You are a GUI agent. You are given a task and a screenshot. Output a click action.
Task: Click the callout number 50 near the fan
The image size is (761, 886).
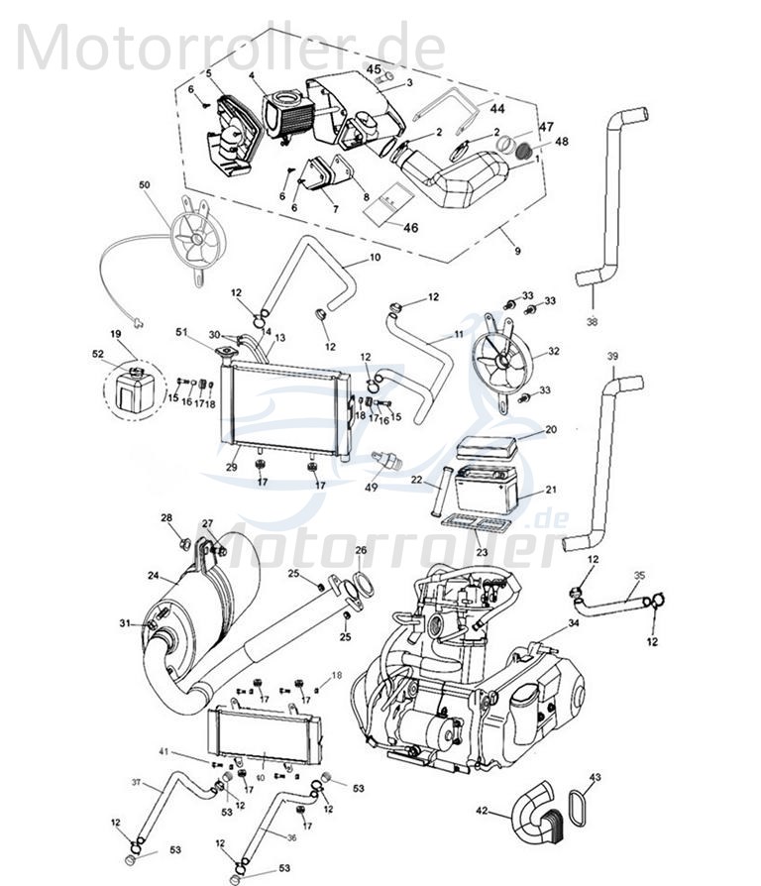pos(145,186)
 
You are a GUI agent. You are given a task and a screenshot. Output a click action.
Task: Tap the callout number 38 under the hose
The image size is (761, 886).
pos(593,321)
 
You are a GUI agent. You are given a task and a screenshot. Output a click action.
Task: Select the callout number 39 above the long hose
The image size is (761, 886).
pos(612,356)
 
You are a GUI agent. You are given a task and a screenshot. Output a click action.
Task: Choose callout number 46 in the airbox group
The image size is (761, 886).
pos(409,228)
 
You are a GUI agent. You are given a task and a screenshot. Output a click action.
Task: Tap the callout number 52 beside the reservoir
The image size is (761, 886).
pos(98,354)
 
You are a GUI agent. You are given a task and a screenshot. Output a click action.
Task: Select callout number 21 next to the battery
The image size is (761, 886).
pos(552,490)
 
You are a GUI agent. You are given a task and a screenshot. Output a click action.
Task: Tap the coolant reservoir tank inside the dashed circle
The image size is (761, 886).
pos(129,389)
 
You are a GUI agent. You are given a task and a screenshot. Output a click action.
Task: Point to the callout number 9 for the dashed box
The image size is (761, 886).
pos(516,252)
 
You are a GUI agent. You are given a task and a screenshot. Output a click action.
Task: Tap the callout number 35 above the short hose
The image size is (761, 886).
pos(639,574)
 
